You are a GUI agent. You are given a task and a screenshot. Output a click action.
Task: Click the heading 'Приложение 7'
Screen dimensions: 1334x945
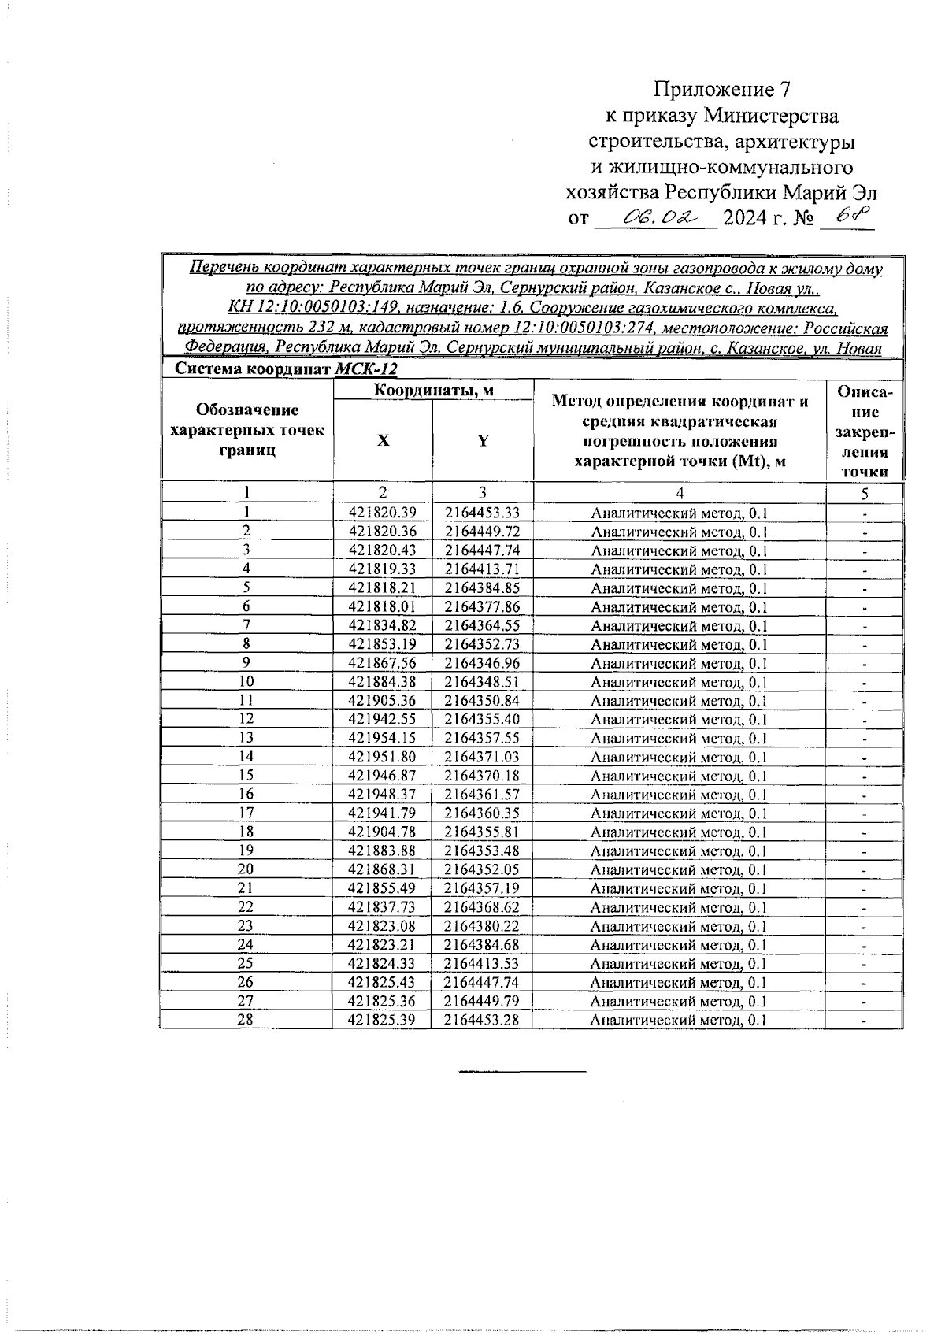(x=721, y=88)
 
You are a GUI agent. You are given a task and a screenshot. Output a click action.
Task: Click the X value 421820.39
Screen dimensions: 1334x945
(x=382, y=513)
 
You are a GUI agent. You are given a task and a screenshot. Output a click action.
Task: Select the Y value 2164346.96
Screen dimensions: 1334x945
(x=482, y=663)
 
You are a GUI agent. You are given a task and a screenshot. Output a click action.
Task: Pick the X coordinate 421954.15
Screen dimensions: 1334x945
(x=382, y=738)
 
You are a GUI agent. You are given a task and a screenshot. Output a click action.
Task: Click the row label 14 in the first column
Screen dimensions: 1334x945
(x=246, y=757)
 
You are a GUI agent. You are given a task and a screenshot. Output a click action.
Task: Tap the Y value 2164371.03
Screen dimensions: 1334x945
(x=482, y=757)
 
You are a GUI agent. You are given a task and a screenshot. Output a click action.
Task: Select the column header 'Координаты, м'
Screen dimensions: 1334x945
(x=433, y=390)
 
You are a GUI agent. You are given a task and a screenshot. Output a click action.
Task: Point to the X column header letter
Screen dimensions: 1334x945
(x=383, y=440)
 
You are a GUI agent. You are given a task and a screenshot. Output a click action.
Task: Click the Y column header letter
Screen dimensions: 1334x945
(x=483, y=440)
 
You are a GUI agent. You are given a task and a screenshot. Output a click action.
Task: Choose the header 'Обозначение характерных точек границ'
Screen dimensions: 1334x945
(x=246, y=430)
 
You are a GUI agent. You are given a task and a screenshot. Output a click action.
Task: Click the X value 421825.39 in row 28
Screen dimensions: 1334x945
(x=382, y=1020)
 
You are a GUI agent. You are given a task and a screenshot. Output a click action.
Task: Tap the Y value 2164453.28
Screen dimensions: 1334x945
(x=482, y=1020)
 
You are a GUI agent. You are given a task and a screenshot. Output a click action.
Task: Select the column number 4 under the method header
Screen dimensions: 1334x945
(x=679, y=493)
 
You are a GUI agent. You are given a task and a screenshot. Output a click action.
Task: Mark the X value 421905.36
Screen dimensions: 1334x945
(x=382, y=701)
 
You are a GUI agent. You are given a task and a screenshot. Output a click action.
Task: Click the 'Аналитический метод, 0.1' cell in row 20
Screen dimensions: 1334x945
(x=678, y=870)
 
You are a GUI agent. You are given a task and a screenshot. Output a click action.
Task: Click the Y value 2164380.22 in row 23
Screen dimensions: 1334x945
(x=482, y=926)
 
